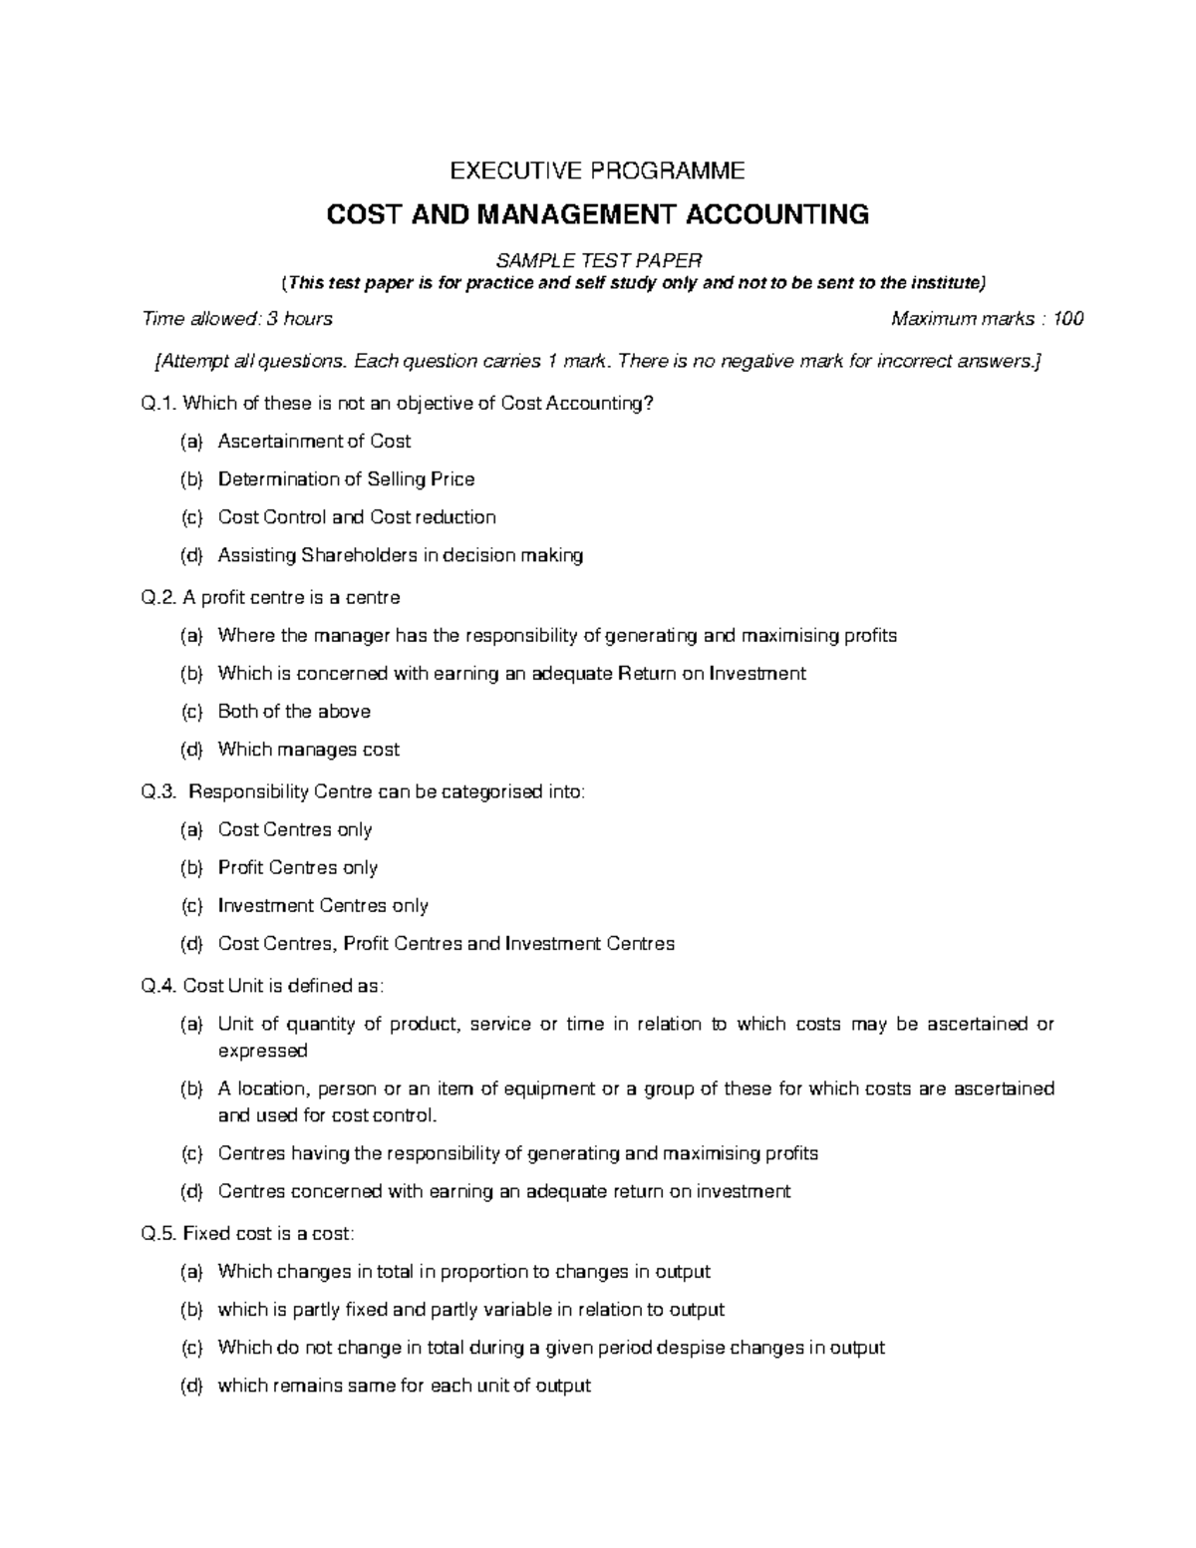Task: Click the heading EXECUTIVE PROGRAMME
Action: coord(598,170)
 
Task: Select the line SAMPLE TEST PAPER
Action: coord(599,260)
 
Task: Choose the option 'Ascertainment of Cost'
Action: coord(314,442)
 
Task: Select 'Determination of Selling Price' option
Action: coord(346,479)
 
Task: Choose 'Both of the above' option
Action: coord(294,712)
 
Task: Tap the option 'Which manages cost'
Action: coord(308,750)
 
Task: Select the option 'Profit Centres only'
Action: coord(297,868)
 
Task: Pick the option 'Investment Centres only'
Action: coord(323,906)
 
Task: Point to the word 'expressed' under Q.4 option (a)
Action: coord(262,1051)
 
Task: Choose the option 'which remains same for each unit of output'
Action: coord(404,1386)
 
